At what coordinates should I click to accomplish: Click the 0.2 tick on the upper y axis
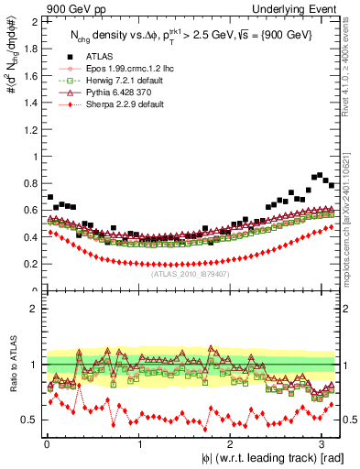[33, 264]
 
